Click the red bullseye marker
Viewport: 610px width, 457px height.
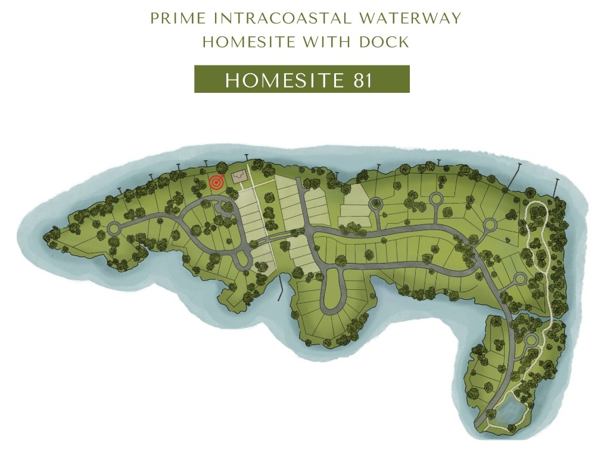(x=216, y=183)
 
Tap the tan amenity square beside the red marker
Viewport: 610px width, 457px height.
(x=239, y=177)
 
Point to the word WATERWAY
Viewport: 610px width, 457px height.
(x=410, y=18)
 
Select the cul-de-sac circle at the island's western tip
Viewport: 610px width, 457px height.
(x=114, y=228)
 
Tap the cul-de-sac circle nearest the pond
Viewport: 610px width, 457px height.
(x=530, y=340)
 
